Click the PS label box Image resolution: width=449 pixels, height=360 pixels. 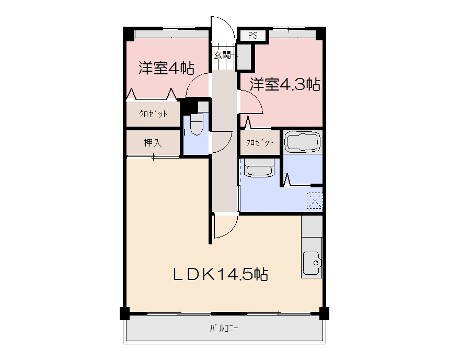(x=253, y=36)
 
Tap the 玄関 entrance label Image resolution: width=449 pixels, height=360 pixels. (x=222, y=54)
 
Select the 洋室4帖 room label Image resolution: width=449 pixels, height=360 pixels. (x=166, y=69)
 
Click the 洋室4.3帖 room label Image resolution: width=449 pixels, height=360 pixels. (x=285, y=84)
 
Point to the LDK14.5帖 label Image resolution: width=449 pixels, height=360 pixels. (x=221, y=274)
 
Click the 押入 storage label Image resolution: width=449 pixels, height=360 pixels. (x=153, y=143)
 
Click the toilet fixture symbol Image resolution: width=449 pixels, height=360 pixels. (x=196, y=125)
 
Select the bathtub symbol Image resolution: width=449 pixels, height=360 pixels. (x=302, y=141)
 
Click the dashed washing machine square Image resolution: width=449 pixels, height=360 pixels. (x=315, y=200)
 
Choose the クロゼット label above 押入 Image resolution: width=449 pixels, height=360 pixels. (x=153, y=114)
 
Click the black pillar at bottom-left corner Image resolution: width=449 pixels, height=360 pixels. (x=124, y=314)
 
